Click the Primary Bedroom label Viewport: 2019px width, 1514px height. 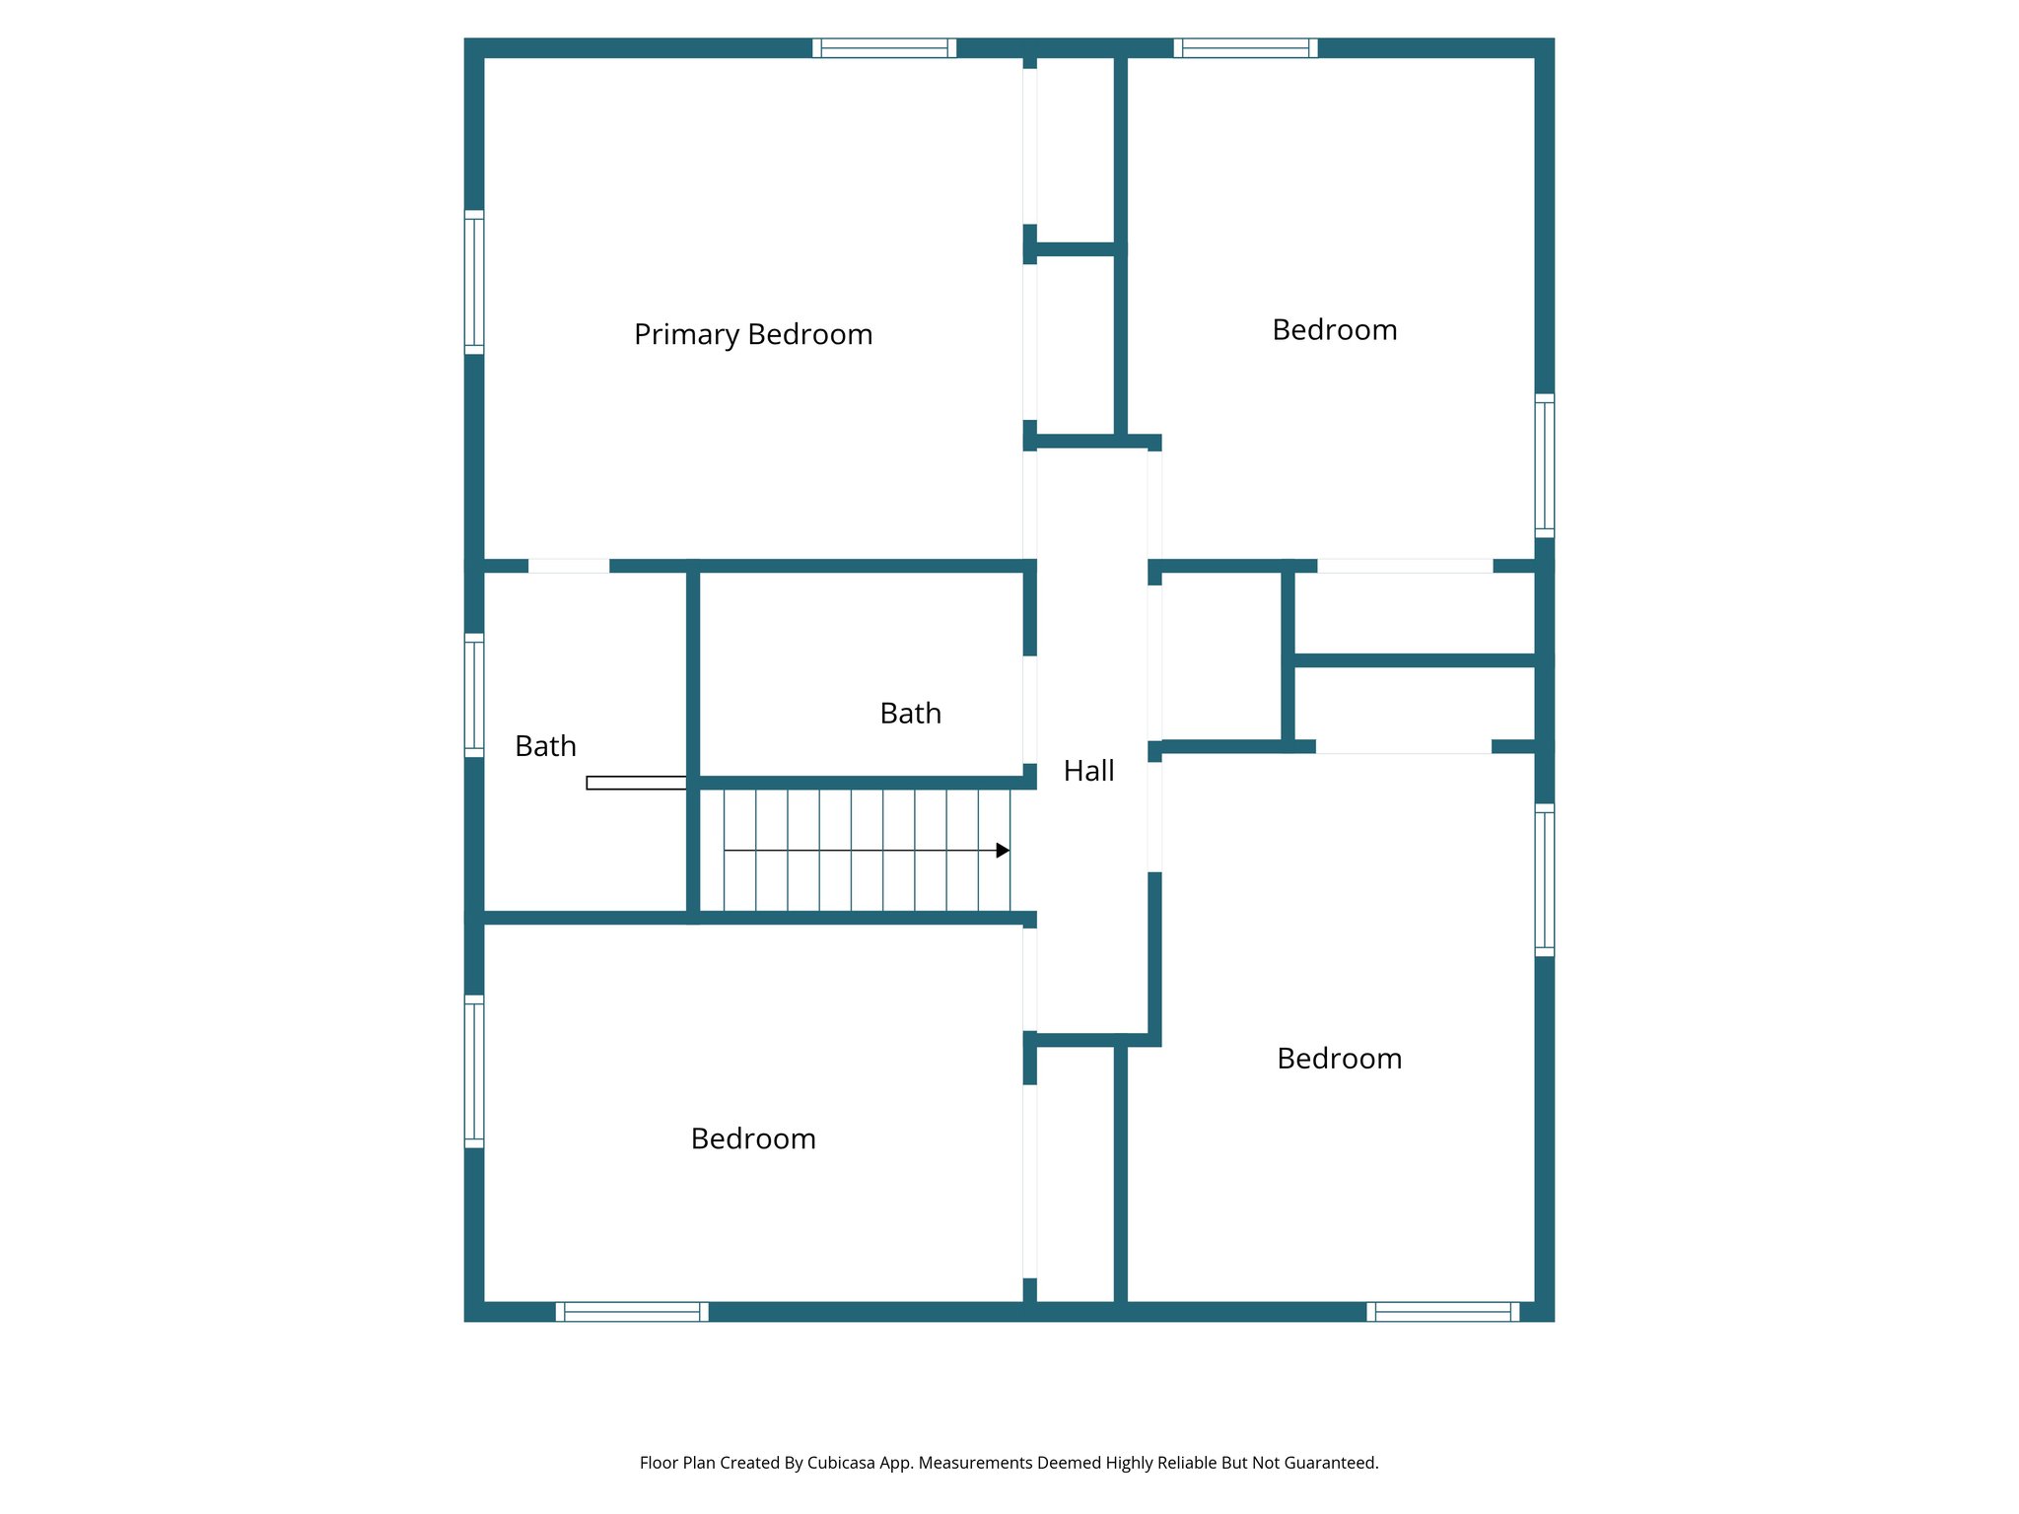753,335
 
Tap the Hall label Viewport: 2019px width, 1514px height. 1088,771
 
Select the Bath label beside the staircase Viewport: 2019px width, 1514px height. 910,714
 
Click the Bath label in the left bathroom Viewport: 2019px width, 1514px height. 545,746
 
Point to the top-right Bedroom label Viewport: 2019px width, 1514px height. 1334,330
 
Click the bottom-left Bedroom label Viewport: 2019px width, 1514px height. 753,1139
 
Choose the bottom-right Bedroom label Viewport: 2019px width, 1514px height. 1339,1059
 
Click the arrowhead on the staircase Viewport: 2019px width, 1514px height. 1003,851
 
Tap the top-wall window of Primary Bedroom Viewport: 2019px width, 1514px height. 884,48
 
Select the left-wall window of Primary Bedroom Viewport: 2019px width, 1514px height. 474,282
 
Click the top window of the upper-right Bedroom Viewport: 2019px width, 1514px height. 1245,48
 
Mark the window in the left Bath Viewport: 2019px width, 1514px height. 474,695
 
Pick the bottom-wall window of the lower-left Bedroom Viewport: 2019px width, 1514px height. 632,1312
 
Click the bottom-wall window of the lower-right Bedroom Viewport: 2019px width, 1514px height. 1443,1312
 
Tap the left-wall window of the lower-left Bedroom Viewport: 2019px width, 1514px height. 474,1071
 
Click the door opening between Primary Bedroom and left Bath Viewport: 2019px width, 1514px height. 569,566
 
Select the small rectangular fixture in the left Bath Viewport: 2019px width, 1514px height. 636,783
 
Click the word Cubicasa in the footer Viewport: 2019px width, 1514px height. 840,1463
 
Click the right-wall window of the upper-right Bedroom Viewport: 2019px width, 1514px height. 1545,465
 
